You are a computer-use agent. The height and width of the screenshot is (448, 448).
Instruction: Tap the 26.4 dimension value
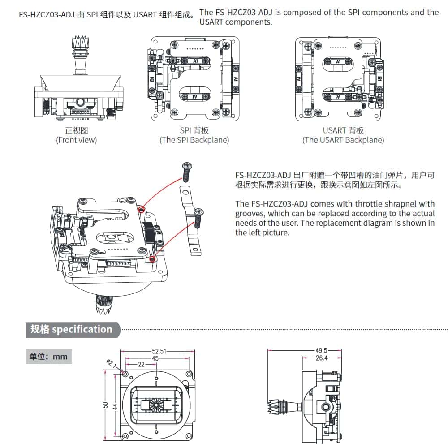(x=322, y=358)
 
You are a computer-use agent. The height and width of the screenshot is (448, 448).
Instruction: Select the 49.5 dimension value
(x=322, y=351)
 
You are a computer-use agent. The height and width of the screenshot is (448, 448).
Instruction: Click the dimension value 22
(x=141, y=365)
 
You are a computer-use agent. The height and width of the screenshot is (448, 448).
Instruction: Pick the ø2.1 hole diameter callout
(x=111, y=363)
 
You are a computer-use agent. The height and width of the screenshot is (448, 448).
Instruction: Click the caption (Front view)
(x=76, y=140)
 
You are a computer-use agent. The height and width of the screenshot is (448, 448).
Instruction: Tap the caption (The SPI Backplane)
(x=194, y=140)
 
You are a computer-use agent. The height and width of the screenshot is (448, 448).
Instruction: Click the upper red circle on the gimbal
(x=141, y=210)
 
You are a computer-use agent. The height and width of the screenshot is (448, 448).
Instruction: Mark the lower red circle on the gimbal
(x=152, y=259)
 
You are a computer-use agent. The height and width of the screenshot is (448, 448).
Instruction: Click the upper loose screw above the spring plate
(x=187, y=170)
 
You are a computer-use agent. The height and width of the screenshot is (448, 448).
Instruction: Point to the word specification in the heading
(x=82, y=329)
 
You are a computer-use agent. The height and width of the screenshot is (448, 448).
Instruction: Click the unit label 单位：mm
(x=48, y=357)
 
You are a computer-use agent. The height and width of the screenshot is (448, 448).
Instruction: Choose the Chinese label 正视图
(x=76, y=130)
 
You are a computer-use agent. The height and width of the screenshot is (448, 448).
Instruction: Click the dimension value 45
(x=155, y=358)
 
